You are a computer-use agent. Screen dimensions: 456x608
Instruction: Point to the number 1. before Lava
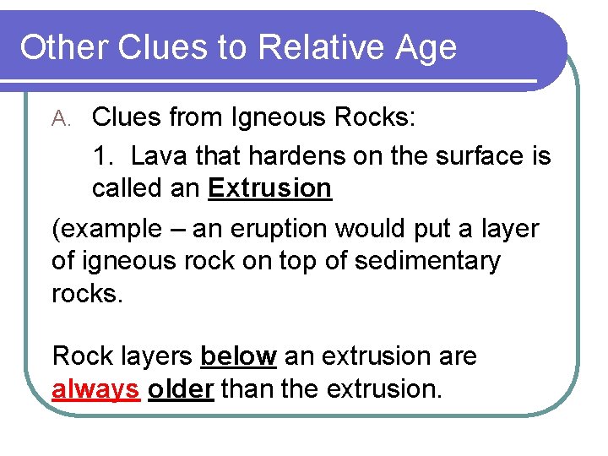tap(105, 156)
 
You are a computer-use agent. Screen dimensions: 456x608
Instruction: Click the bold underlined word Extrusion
tap(269, 188)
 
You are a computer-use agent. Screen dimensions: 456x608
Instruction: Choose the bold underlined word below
tap(238, 356)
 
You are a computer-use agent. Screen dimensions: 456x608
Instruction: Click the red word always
tap(95, 390)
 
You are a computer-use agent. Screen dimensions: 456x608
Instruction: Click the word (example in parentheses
tap(106, 230)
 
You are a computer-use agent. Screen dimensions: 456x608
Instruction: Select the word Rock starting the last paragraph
tap(81, 356)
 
